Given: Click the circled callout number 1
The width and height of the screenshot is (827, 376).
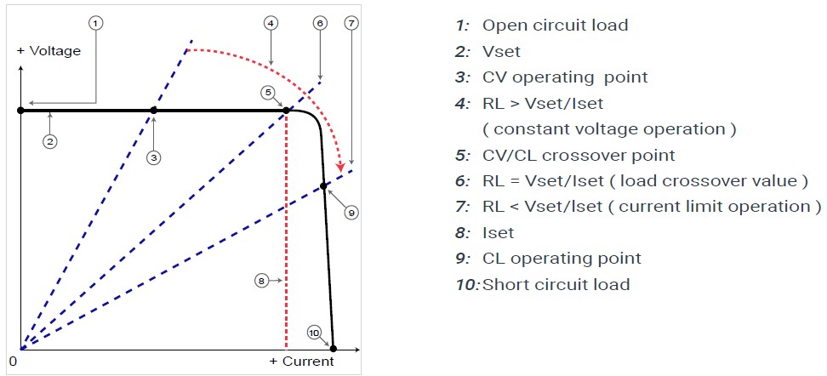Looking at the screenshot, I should click(x=96, y=23).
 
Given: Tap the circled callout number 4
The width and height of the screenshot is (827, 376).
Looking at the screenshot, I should click(x=270, y=23).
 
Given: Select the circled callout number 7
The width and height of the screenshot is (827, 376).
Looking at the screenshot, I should click(x=351, y=23).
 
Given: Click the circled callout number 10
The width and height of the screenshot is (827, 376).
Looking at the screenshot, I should click(x=314, y=333).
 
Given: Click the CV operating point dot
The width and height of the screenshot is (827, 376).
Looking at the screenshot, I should click(x=153, y=111).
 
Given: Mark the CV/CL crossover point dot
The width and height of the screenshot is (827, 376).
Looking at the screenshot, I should click(x=287, y=111).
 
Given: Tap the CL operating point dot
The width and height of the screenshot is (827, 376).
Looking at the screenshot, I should click(x=323, y=185).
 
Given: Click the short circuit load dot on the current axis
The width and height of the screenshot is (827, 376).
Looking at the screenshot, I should click(x=333, y=349).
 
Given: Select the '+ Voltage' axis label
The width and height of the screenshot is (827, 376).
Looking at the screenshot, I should click(x=49, y=51).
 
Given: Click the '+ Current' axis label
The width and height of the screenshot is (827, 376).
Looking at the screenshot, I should click(x=301, y=362).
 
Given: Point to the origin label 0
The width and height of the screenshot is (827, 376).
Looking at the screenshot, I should click(x=14, y=361).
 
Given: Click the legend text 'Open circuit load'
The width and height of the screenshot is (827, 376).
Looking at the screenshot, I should click(x=555, y=25).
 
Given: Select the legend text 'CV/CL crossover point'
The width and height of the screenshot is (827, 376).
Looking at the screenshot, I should click(x=578, y=156).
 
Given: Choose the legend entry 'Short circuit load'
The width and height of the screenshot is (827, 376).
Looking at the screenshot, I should click(x=556, y=284).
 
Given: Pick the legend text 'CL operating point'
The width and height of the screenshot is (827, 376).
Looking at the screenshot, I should click(x=561, y=258).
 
